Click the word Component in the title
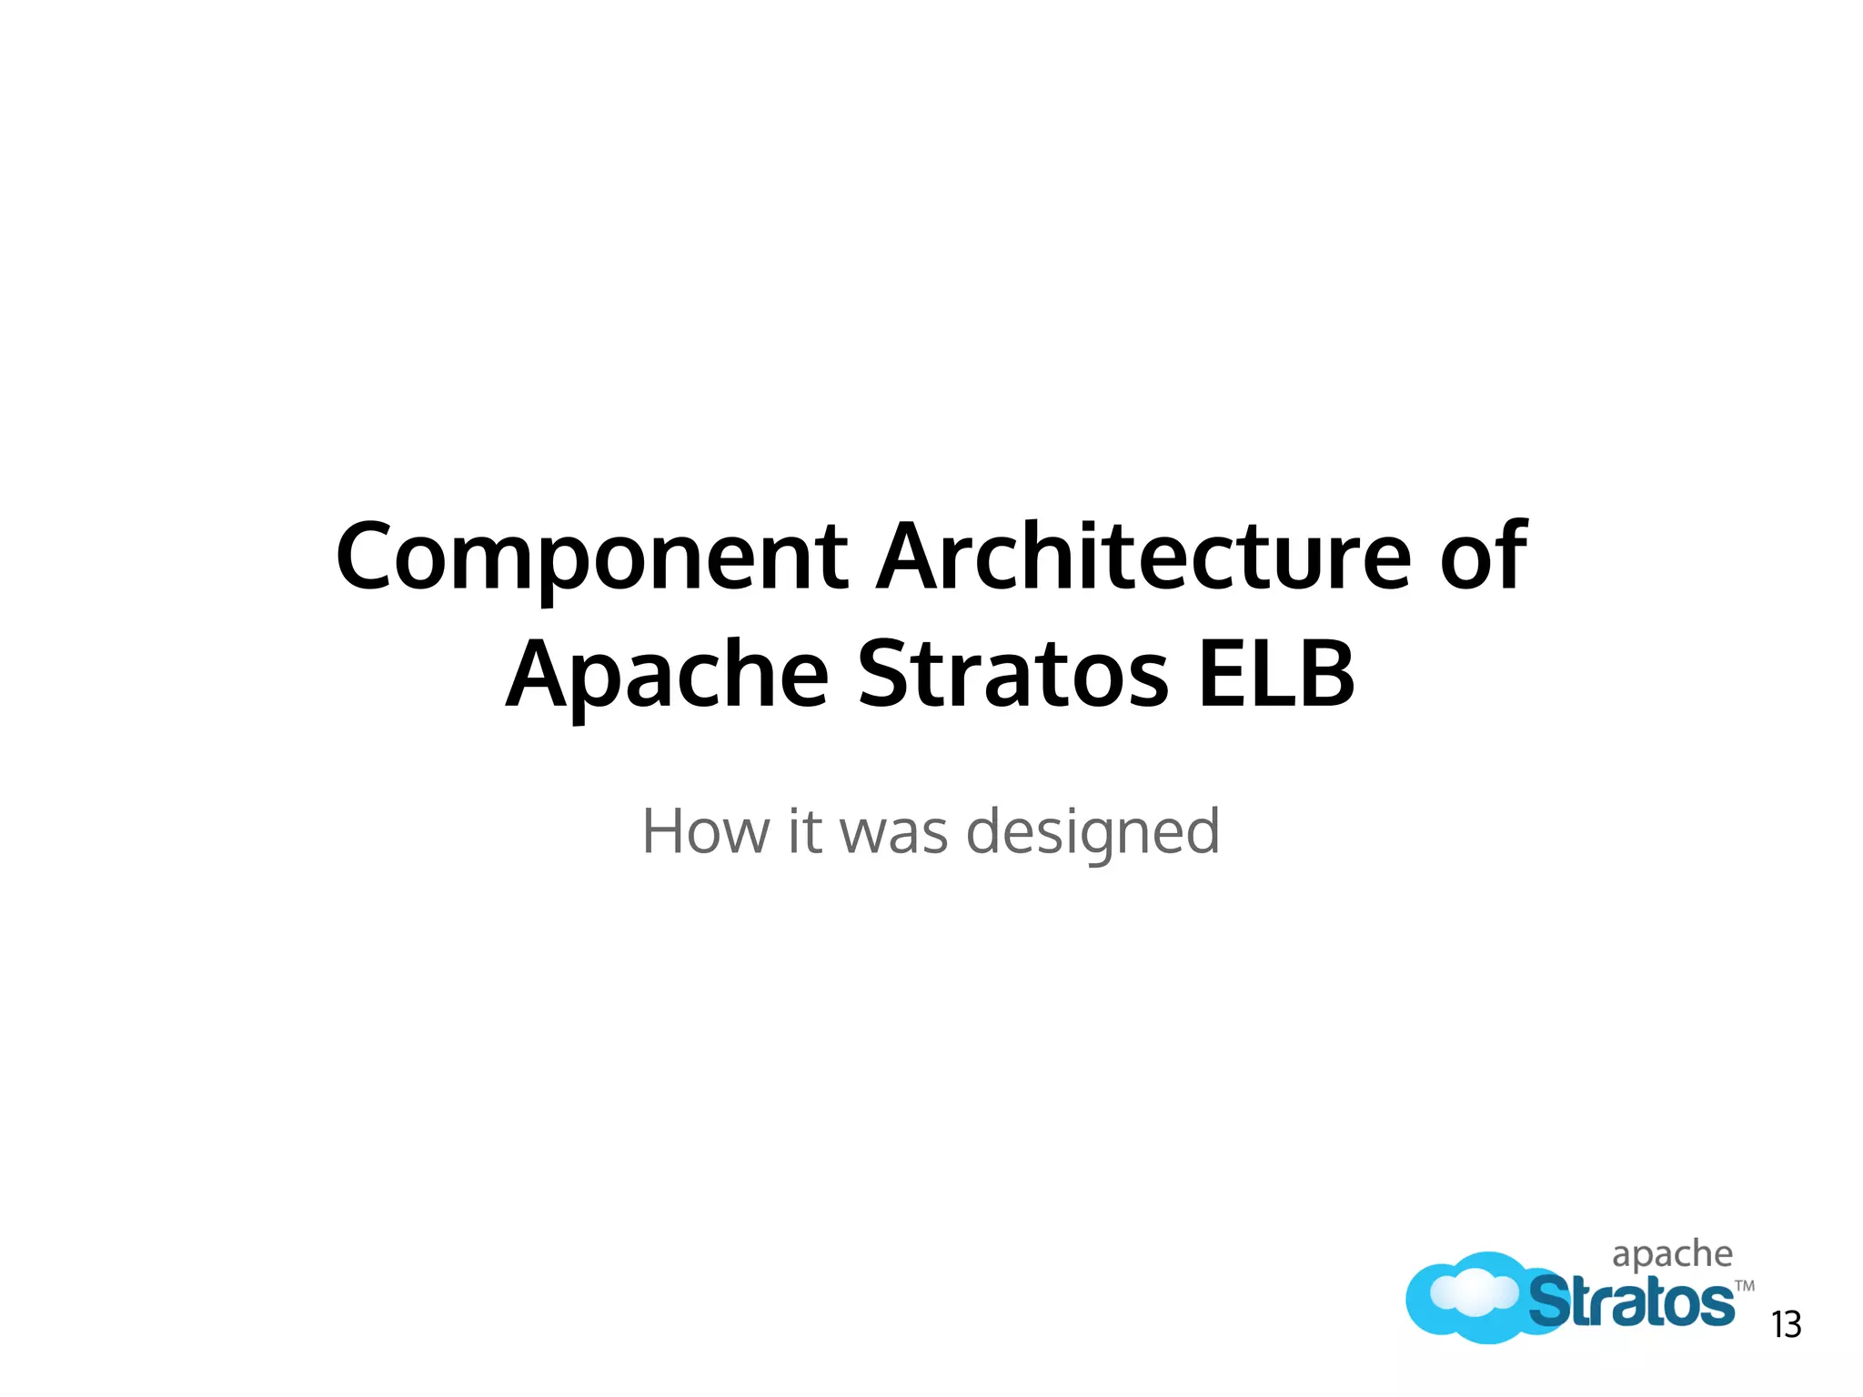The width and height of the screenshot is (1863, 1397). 591,557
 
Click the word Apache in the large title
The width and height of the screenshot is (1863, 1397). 667,675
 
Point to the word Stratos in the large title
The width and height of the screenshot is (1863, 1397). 1012,675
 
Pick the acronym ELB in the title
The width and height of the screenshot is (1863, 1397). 1276,675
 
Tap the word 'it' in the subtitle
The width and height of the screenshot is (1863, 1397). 804,831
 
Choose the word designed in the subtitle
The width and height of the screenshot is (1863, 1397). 1092,831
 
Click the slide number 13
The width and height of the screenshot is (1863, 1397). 1787,1325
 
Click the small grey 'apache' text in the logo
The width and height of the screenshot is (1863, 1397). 1672,1254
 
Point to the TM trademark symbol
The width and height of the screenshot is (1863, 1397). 1744,1286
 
